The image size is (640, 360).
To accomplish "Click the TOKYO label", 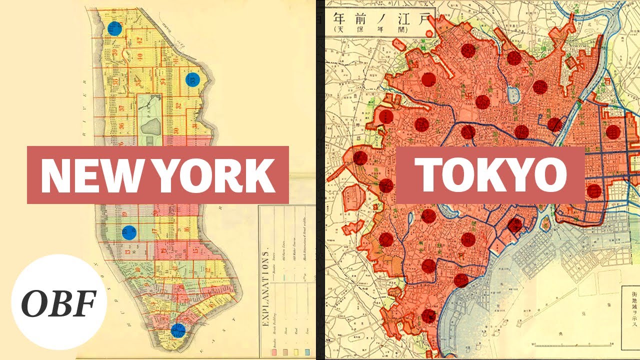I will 492,175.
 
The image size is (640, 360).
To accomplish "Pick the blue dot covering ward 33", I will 192,79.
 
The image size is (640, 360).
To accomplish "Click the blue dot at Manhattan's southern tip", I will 177,330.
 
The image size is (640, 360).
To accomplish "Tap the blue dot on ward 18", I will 129,232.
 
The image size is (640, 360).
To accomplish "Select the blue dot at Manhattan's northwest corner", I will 114,28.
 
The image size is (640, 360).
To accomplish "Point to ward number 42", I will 140,40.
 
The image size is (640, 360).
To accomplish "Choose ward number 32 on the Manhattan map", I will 178,105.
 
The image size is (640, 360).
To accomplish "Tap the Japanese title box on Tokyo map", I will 379,23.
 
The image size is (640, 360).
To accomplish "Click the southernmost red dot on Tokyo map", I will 428,316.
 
